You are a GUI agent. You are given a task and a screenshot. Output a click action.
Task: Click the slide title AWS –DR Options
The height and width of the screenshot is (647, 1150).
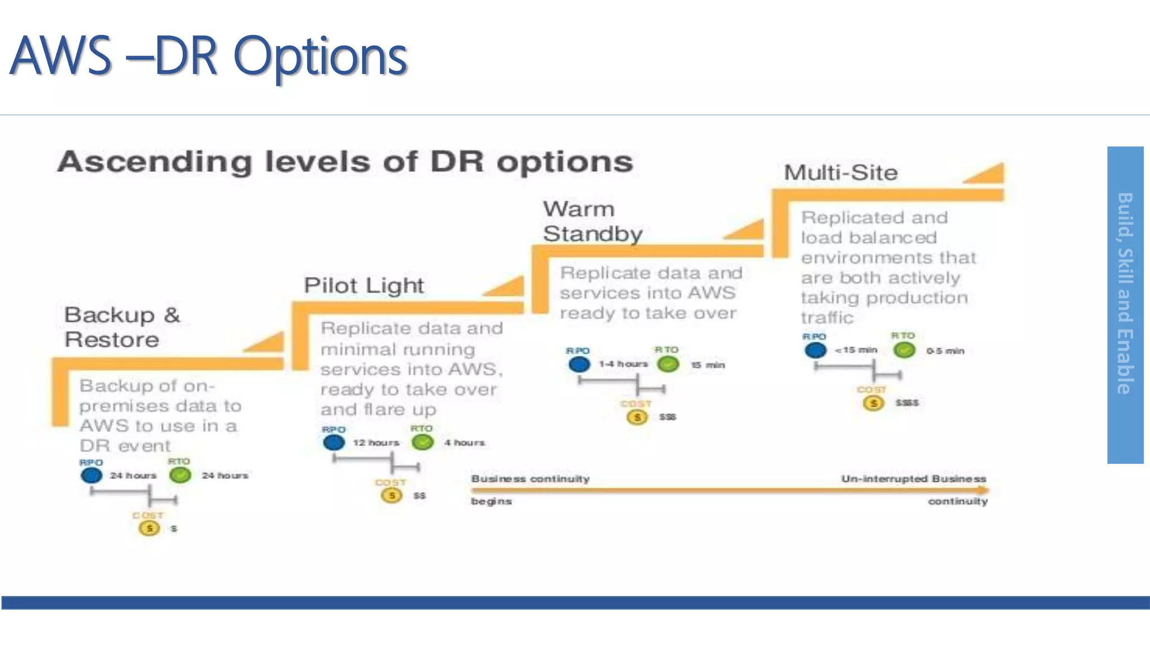click(209, 56)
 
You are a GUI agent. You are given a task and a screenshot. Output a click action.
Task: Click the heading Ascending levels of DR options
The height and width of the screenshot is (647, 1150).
click(345, 162)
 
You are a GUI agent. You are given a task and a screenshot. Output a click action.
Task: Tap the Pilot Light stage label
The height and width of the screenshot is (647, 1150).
click(364, 285)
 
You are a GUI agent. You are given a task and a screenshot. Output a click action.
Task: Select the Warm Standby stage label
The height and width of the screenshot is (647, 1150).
click(592, 221)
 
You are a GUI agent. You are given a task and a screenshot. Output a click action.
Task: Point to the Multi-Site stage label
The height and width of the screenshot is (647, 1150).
click(841, 172)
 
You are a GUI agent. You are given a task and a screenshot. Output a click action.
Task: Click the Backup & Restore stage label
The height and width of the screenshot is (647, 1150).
click(122, 327)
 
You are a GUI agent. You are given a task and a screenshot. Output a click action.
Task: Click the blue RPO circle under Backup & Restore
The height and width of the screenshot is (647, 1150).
click(92, 476)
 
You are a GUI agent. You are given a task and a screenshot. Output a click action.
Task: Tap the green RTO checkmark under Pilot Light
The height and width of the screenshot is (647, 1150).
click(423, 443)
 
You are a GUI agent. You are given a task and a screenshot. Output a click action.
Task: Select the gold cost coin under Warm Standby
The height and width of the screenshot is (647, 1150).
click(637, 417)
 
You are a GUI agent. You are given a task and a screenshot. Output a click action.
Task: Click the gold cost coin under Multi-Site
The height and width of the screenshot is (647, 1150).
click(873, 403)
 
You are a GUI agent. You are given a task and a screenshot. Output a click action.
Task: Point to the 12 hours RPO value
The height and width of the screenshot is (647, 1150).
click(376, 443)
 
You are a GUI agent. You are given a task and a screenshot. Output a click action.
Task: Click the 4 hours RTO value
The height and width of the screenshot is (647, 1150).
click(464, 443)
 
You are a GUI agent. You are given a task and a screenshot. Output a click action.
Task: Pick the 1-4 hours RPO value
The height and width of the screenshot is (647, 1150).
click(623, 364)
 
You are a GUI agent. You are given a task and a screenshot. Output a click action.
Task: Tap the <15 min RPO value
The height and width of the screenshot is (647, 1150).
click(856, 350)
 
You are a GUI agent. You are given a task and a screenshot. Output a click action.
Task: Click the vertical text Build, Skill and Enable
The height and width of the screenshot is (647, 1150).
click(1125, 293)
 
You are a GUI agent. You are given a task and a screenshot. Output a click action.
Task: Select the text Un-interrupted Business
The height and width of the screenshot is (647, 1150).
click(914, 479)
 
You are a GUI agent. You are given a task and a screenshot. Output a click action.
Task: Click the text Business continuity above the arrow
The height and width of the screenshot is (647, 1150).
click(531, 479)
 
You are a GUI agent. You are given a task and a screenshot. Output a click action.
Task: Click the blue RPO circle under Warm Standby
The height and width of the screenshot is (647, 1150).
click(579, 364)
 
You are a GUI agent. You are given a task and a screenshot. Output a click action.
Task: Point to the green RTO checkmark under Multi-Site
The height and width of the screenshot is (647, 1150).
click(904, 350)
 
